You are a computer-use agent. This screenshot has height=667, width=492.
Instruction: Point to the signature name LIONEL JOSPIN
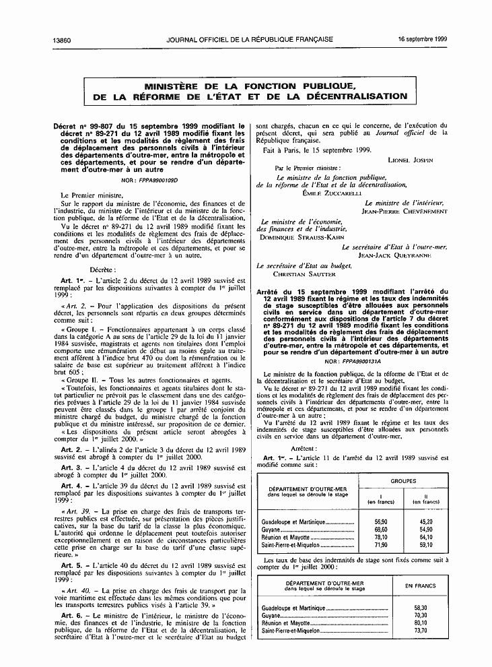411,160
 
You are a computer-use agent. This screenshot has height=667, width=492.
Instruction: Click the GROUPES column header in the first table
402,481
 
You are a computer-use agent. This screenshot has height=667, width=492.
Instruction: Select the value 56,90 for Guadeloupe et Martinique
381,521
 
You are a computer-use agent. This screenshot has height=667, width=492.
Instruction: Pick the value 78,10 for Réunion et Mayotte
381,537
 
